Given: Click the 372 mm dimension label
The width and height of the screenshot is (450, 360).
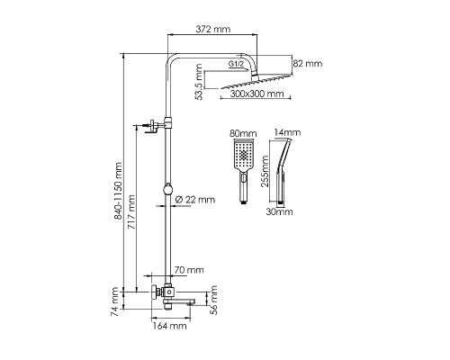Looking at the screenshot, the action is pyautogui.click(x=213, y=29).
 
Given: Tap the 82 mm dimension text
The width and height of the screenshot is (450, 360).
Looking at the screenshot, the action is pyautogui.click(x=308, y=64).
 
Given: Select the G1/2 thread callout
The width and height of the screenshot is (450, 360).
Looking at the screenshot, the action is pyautogui.click(x=236, y=64).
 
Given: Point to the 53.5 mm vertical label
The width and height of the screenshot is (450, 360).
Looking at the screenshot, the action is pyautogui.click(x=199, y=82).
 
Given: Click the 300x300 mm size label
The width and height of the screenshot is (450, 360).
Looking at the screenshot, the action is pyautogui.click(x=256, y=94).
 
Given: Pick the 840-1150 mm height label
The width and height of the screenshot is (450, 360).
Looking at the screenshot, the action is pyautogui.click(x=118, y=191).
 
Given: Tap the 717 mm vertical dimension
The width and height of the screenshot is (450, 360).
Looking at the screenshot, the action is pyautogui.click(x=131, y=212).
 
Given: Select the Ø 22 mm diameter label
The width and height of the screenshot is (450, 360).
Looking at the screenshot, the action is pyautogui.click(x=195, y=200).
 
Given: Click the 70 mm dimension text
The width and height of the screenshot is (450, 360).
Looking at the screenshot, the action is pyautogui.click(x=189, y=270).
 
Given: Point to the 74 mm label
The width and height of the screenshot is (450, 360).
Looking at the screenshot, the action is pyautogui.click(x=114, y=301).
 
